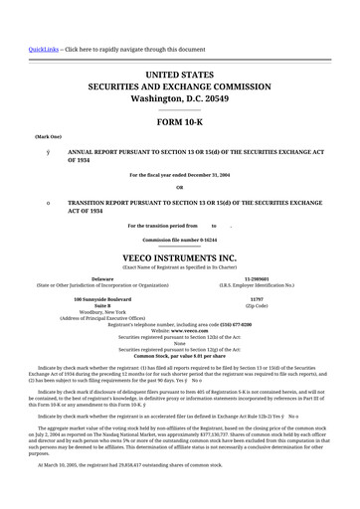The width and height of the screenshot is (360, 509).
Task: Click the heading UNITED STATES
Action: pyautogui.click(x=180, y=76)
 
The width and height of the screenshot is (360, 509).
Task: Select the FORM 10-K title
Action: pyautogui.click(x=180, y=119)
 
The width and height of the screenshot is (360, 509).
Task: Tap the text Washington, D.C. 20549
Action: pyautogui.click(x=180, y=99)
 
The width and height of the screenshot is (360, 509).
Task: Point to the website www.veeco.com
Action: pyautogui.click(x=180, y=331)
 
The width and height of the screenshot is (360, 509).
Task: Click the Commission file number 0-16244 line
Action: pyautogui.click(x=180, y=241)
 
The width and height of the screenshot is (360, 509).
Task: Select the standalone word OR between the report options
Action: pyautogui.click(x=180, y=187)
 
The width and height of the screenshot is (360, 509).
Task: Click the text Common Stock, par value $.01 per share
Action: pyautogui.click(x=180, y=355)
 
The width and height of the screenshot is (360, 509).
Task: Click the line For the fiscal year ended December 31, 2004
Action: pyautogui.click(x=180, y=174)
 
